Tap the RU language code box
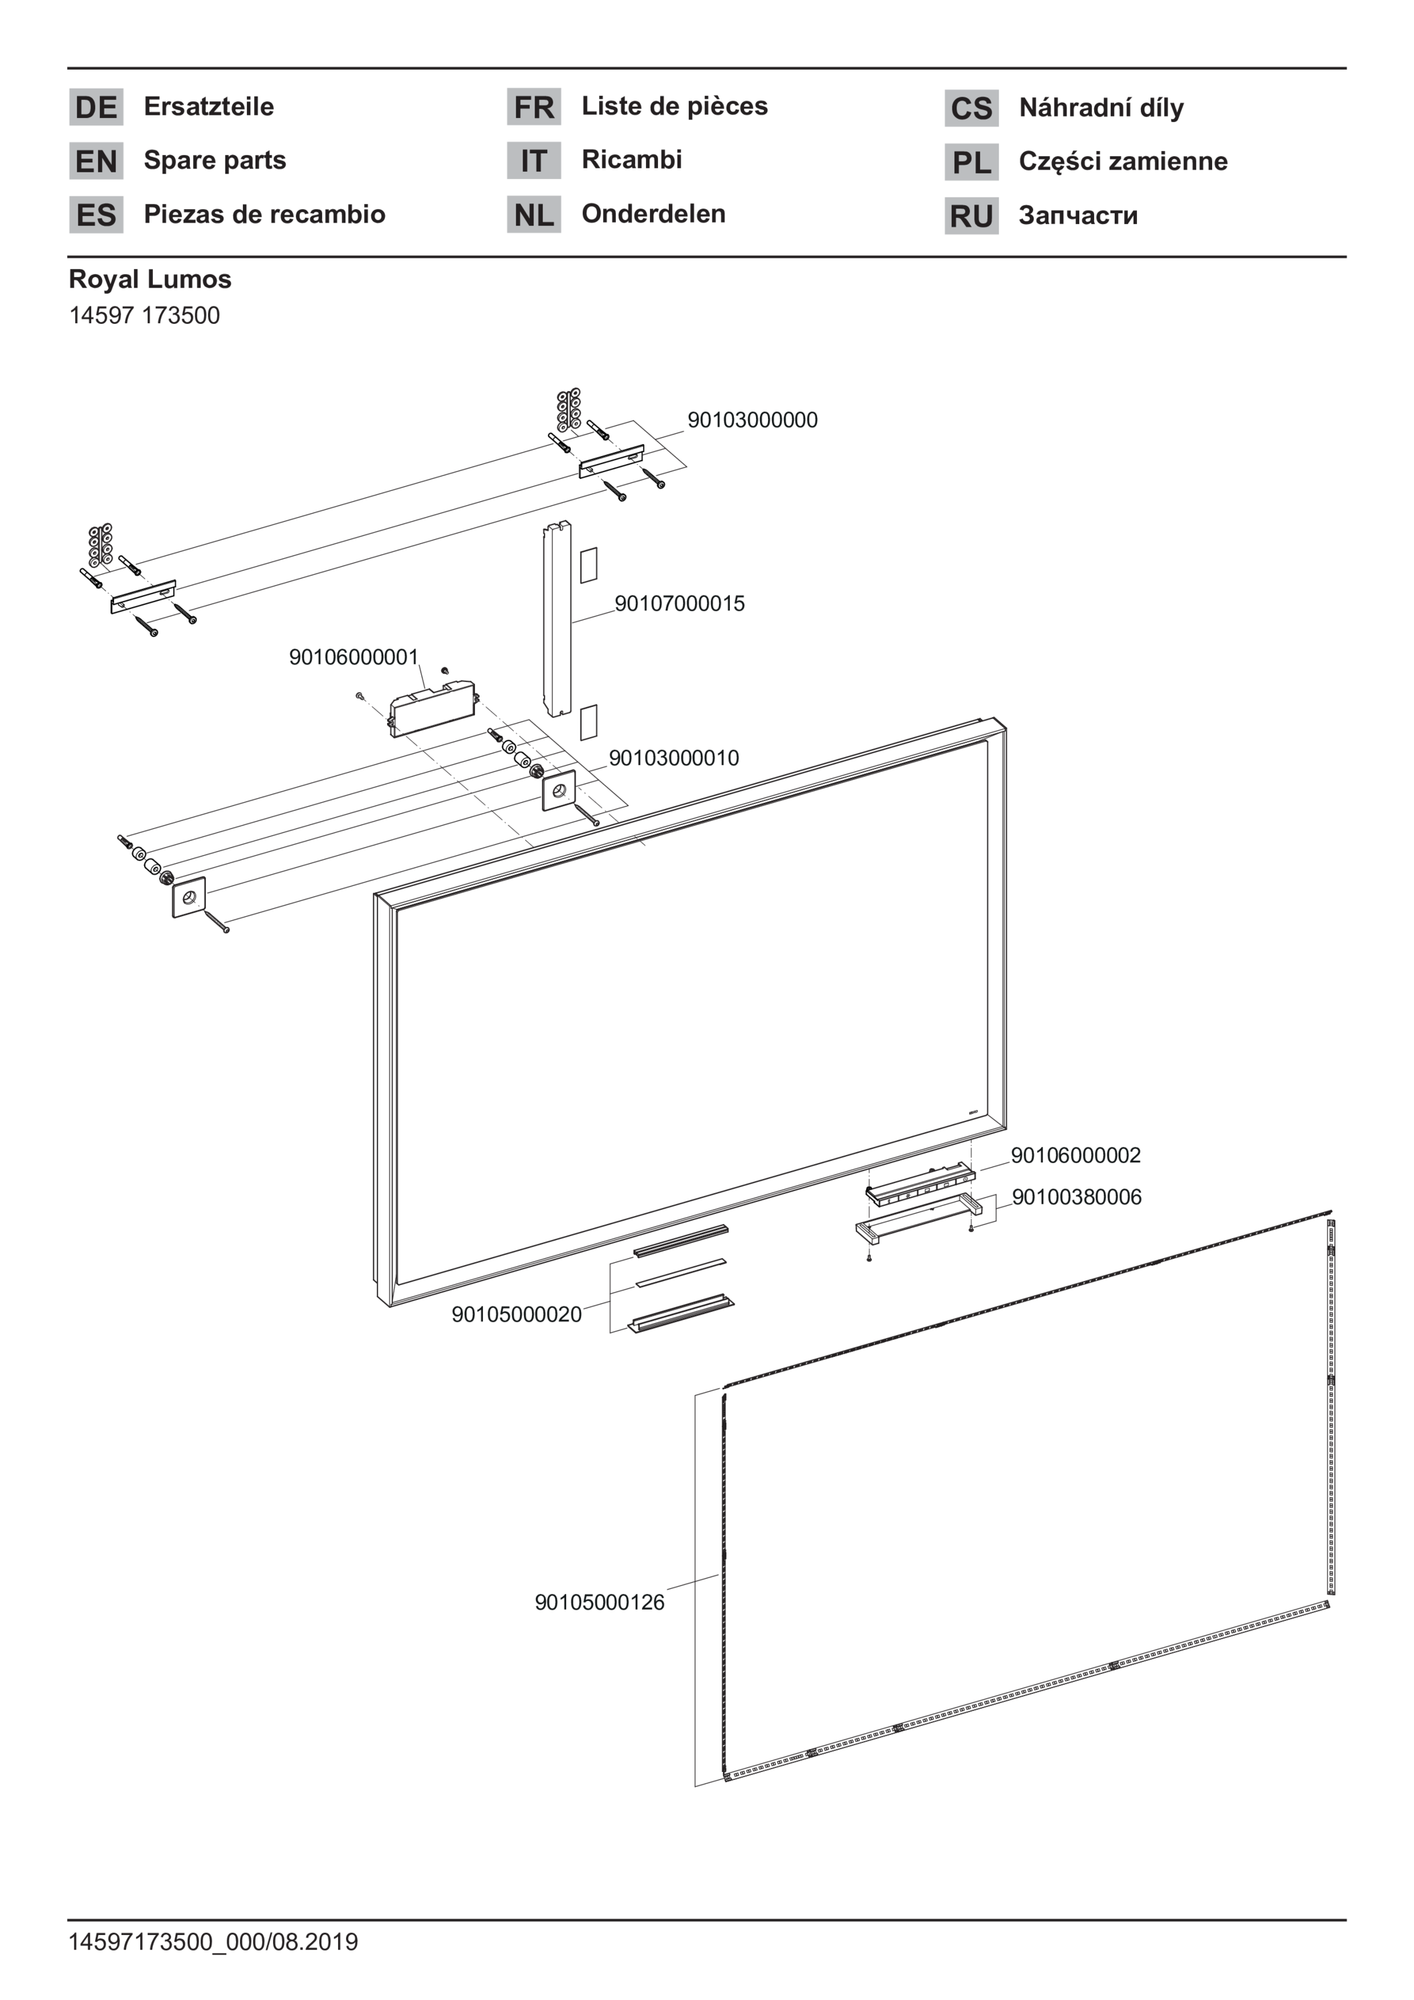(x=971, y=216)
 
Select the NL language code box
(x=533, y=215)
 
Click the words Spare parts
(x=215, y=160)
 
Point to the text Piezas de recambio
(x=264, y=215)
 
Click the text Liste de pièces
(x=674, y=106)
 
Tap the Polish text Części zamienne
(x=1123, y=161)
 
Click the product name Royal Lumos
(x=150, y=280)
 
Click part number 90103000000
(x=753, y=420)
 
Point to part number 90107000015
(x=679, y=604)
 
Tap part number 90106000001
(x=353, y=657)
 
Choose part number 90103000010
(x=673, y=758)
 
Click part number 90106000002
(x=1076, y=1155)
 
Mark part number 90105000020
(x=516, y=1315)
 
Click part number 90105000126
(x=600, y=1602)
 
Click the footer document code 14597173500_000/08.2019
(x=213, y=1942)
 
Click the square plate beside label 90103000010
(x=559, y=791)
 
